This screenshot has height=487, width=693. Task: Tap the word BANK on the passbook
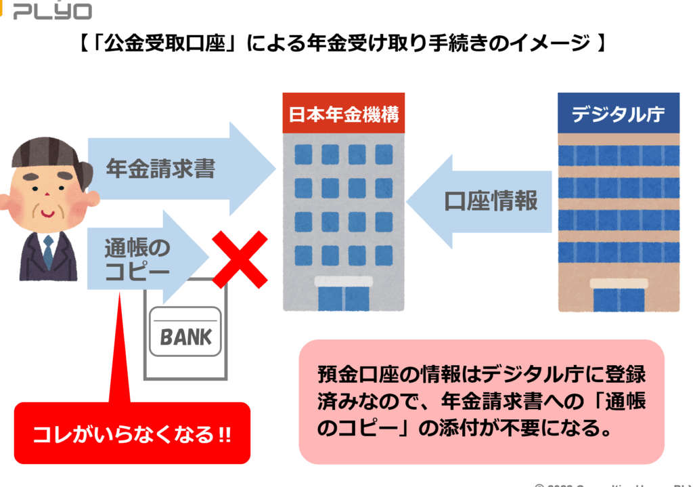[185, 337]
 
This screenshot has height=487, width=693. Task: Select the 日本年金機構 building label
[344, 114]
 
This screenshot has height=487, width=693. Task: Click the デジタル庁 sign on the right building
[618, 114]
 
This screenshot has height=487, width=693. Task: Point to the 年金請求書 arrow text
[160, 168]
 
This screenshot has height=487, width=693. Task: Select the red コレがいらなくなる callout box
[132, 433]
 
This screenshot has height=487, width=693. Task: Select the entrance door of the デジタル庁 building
[618, 299]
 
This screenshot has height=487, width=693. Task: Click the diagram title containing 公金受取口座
[341, 45]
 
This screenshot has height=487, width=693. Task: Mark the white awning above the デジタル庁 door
[618, 283]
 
